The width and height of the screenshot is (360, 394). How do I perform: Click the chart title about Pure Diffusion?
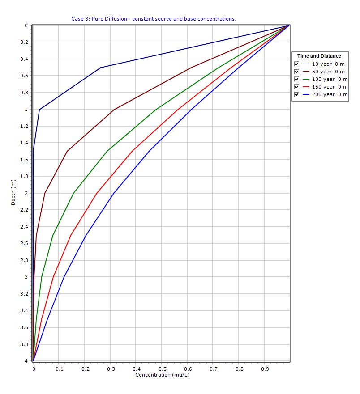(x=154, y=19)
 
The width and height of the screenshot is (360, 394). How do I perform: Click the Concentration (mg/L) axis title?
(x=162, y=374)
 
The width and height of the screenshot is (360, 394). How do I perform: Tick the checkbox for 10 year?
(x=296, y=64)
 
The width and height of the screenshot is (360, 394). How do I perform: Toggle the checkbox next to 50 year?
(x=296, y=72)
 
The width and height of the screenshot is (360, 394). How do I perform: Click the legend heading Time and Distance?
(x=319, y=56)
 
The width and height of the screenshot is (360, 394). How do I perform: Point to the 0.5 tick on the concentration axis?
(x=161, y=369)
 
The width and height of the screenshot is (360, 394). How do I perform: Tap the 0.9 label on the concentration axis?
(x=264, y=369)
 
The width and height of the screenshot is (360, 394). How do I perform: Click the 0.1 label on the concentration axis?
(x=59, y=369)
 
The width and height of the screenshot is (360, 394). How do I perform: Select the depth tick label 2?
(x=26, y=193)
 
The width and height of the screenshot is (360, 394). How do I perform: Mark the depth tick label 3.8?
(x=24, y=344)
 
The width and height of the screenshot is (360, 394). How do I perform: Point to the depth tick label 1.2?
(x=24, y=126)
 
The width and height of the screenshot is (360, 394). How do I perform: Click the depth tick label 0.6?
(x=24, y=76)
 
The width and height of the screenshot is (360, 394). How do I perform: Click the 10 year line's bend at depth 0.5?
(x=101, y=68)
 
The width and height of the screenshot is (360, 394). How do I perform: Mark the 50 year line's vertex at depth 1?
(x=114, y=109)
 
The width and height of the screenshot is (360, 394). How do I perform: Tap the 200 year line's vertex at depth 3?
(x=64, y=277)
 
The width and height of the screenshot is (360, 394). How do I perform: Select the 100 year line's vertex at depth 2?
(x=73, y=193)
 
